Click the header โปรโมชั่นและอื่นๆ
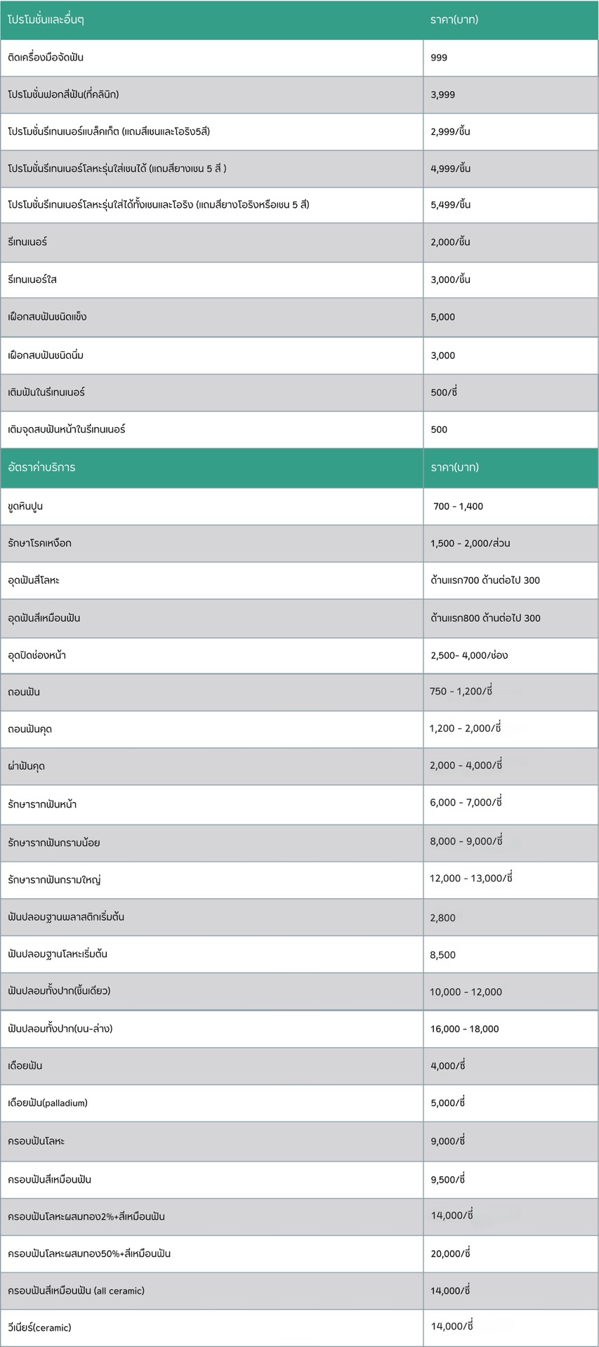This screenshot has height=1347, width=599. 46,20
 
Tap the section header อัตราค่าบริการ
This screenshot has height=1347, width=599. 41,467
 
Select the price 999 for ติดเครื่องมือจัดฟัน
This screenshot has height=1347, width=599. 439,58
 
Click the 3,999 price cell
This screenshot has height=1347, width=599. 442,95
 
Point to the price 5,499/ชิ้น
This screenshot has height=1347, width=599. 450,205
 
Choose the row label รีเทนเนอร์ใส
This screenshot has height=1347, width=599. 32,280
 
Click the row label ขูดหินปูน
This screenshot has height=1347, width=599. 25,506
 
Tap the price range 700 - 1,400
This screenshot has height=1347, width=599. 458,506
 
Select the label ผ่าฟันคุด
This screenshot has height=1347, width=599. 27,766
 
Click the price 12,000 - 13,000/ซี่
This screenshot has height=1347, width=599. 471,879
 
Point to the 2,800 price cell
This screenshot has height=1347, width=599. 442,918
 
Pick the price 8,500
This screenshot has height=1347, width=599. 442,955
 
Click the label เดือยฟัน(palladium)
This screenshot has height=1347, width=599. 48,1103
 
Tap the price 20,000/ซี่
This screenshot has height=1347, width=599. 450,1254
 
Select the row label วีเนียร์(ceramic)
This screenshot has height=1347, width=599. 39,1327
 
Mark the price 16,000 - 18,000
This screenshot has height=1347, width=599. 464,1029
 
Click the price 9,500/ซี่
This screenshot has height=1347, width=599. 448,1180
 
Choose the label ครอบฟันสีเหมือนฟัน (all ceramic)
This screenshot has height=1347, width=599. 76,1291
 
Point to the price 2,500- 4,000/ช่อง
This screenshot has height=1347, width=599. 469,655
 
